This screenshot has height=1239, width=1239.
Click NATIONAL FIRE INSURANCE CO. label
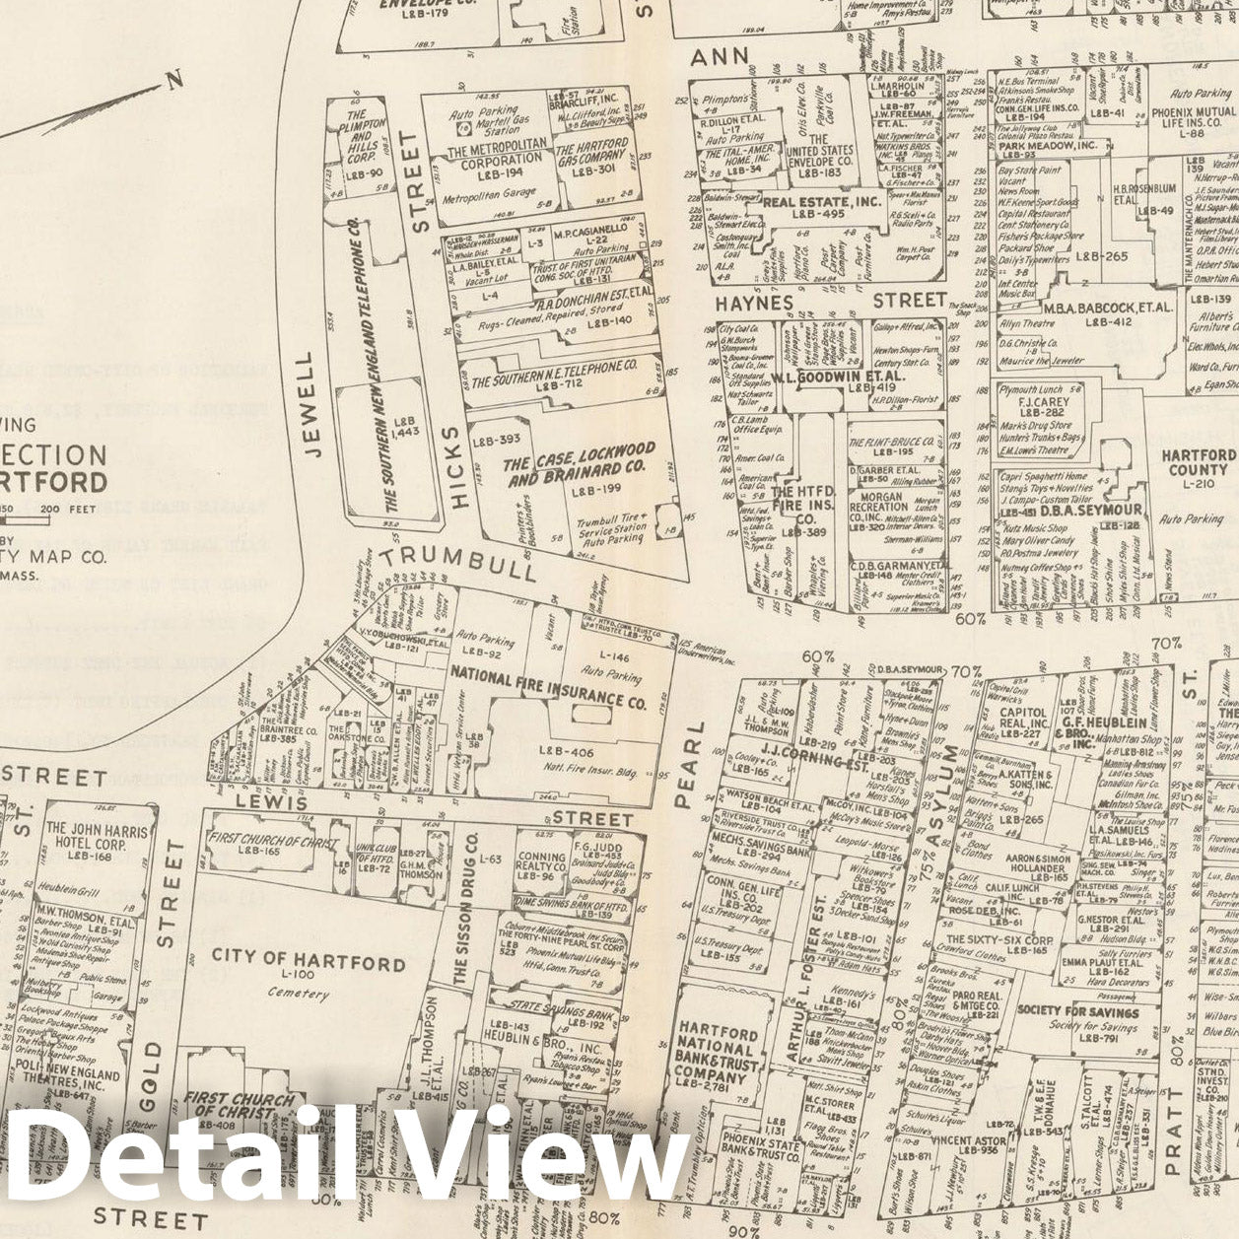547,686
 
